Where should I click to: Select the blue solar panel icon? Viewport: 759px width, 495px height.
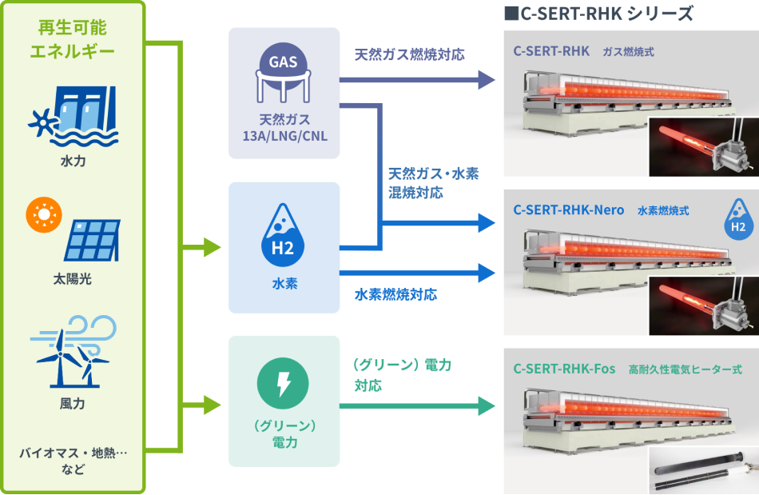click(x=93, y=240)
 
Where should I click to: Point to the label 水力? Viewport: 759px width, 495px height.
click(x=73, y=162)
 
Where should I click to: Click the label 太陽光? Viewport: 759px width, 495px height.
click(x=73, y=280)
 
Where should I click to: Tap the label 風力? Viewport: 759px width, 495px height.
click(x=73, y=404)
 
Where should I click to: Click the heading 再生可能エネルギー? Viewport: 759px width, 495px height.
click(x=73, y=41)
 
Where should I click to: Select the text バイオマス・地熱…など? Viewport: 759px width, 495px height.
click(x=73, y=461)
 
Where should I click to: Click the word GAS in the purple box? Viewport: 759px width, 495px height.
click(x=283, y=62)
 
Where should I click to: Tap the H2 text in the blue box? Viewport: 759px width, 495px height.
click(x=283, y=248)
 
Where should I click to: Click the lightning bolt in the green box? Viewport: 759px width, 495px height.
click(x=284, y=385)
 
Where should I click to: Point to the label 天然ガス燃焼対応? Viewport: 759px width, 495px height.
click(x=410, y=54)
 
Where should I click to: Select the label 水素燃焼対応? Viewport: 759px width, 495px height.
click(x=396, y=294)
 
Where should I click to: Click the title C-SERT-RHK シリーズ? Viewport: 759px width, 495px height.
click(x=598, y=14)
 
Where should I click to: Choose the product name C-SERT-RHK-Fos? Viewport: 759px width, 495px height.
click(x=564, y=369)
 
